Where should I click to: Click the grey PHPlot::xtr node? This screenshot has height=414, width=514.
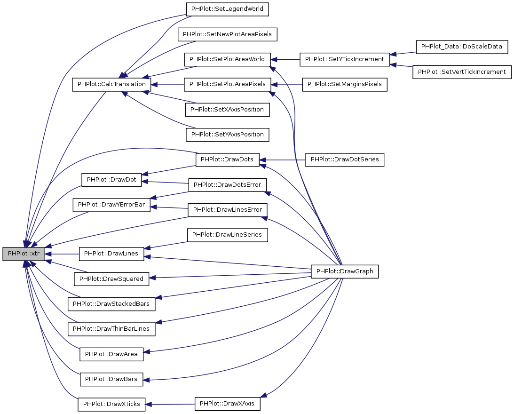[x=24, y=254]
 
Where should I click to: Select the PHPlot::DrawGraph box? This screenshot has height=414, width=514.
[x=345, y=271]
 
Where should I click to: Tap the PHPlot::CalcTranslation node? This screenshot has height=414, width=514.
[x=111, y=85]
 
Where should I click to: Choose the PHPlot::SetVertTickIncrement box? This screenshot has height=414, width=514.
[x=462, y=72]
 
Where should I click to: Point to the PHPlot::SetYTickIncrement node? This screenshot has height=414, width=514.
[x=345, y=59]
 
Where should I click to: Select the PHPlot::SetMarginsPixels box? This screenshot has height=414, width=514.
[x=345, y=85]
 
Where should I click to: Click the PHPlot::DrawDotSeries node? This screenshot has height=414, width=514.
[x=345, y=160]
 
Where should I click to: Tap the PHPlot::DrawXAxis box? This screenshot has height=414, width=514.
[x=228, y=404]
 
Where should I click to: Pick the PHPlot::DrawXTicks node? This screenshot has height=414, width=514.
[x=111, y=404]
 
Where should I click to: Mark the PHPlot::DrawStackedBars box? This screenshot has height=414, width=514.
[x=111, y=304]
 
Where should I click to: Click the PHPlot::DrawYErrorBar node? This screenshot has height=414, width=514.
[x=111, y=205]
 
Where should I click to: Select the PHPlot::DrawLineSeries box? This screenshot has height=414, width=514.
[x=228, y=234]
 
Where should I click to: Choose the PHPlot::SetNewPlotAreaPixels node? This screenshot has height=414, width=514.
[x=227, y=34]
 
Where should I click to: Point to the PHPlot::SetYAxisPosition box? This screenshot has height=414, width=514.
[x=228, y=135]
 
